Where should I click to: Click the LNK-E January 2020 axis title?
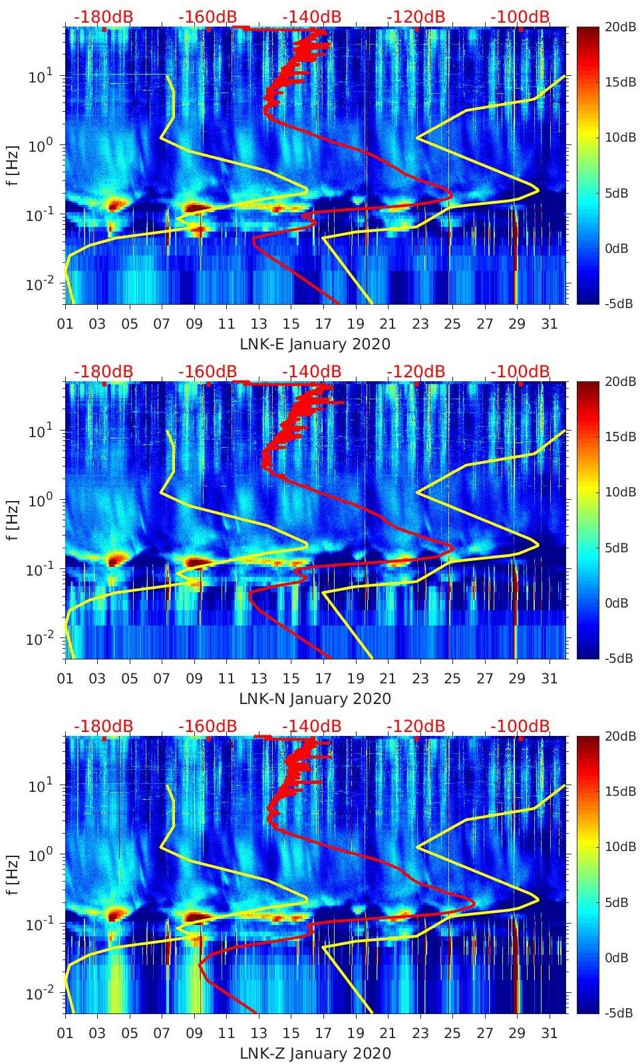(315, 344)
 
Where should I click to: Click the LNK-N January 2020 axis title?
(315, 699)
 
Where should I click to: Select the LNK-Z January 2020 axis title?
(315, 1053)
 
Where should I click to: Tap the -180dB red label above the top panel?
(103, 17)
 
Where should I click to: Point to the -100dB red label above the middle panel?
(520, 371)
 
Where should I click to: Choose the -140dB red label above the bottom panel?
(311, 726)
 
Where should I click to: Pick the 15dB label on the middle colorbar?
(620, 437)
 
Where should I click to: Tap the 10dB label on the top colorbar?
(620, 138)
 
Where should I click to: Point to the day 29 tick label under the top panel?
(517, 324)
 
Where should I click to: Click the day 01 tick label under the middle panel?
(65, 679)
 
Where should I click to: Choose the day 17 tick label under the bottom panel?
(323, 1033)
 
